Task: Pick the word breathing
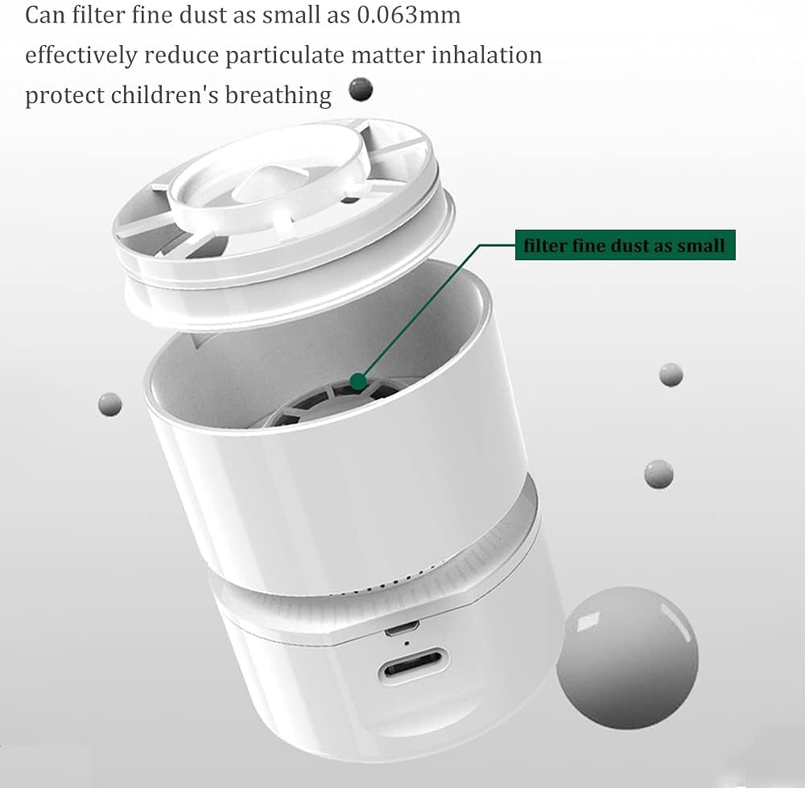pyautogui.click(x=278, y=96)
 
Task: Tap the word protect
pyautogui.click(x=64, y=96)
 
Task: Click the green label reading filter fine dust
pyautogui.click(x=625, y=246)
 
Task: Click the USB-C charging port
pyautogui.click(x=411, y=667)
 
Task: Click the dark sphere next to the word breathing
pyautogui.click(x=361, y=89)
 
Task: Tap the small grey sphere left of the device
pyautogui.click(x=109, y=403)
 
